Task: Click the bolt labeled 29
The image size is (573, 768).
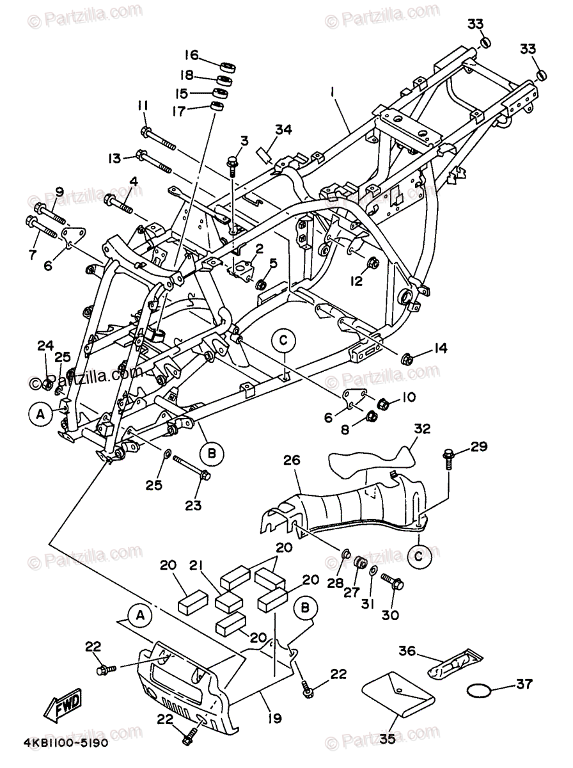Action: (x=448, y=458)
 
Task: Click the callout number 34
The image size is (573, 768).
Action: (x=283, y=131)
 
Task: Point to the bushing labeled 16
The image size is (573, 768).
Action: (x=226, y=66)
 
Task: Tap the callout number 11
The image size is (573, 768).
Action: (x=142, y=105)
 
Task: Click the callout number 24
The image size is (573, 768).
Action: (x=44, y=346)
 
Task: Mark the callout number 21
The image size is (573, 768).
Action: (x=196, y=566)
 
